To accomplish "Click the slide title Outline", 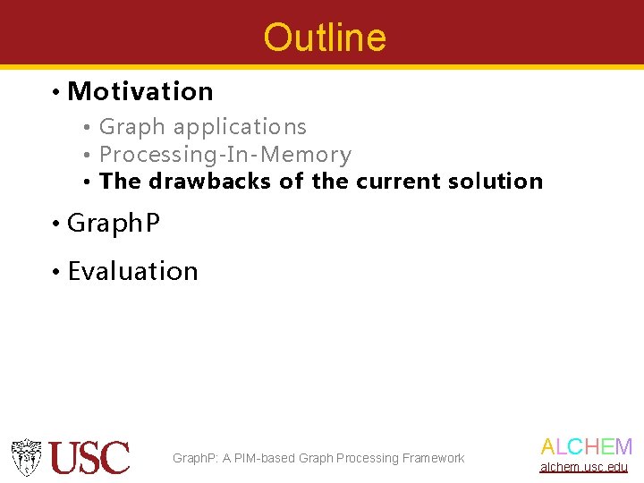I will click(x=325, y=38).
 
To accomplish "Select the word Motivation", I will click(x=140, y=91).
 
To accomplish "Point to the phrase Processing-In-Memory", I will click(x=225, y=154).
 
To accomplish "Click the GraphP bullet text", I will click(x=114, y=223).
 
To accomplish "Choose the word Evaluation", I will click(x=132, y=271).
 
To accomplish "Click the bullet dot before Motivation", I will click(x=55, y=92).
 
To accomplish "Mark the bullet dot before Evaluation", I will click(x=55, y=272).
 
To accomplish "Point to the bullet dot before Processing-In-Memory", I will click(x=87, y=156).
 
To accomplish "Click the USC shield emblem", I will click(x=26, y=457).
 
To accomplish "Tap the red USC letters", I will click(x=89, y=458).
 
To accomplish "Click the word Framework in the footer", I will click(x=434, y=458).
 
